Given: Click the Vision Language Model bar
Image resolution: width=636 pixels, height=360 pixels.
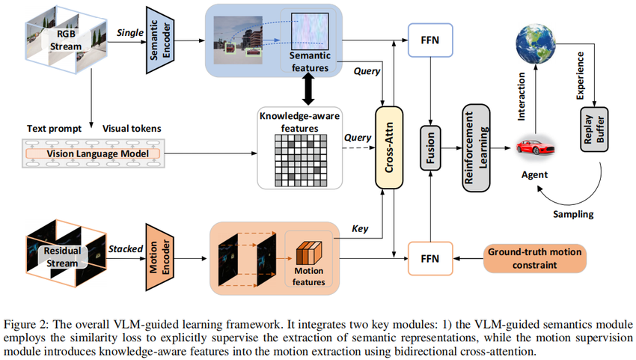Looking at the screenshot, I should click(x=94, y=153).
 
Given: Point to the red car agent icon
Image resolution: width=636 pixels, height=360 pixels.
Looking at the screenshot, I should click(x=533, y=147).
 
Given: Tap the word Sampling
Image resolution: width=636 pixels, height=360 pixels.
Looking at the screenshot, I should click(x=573, y=214).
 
